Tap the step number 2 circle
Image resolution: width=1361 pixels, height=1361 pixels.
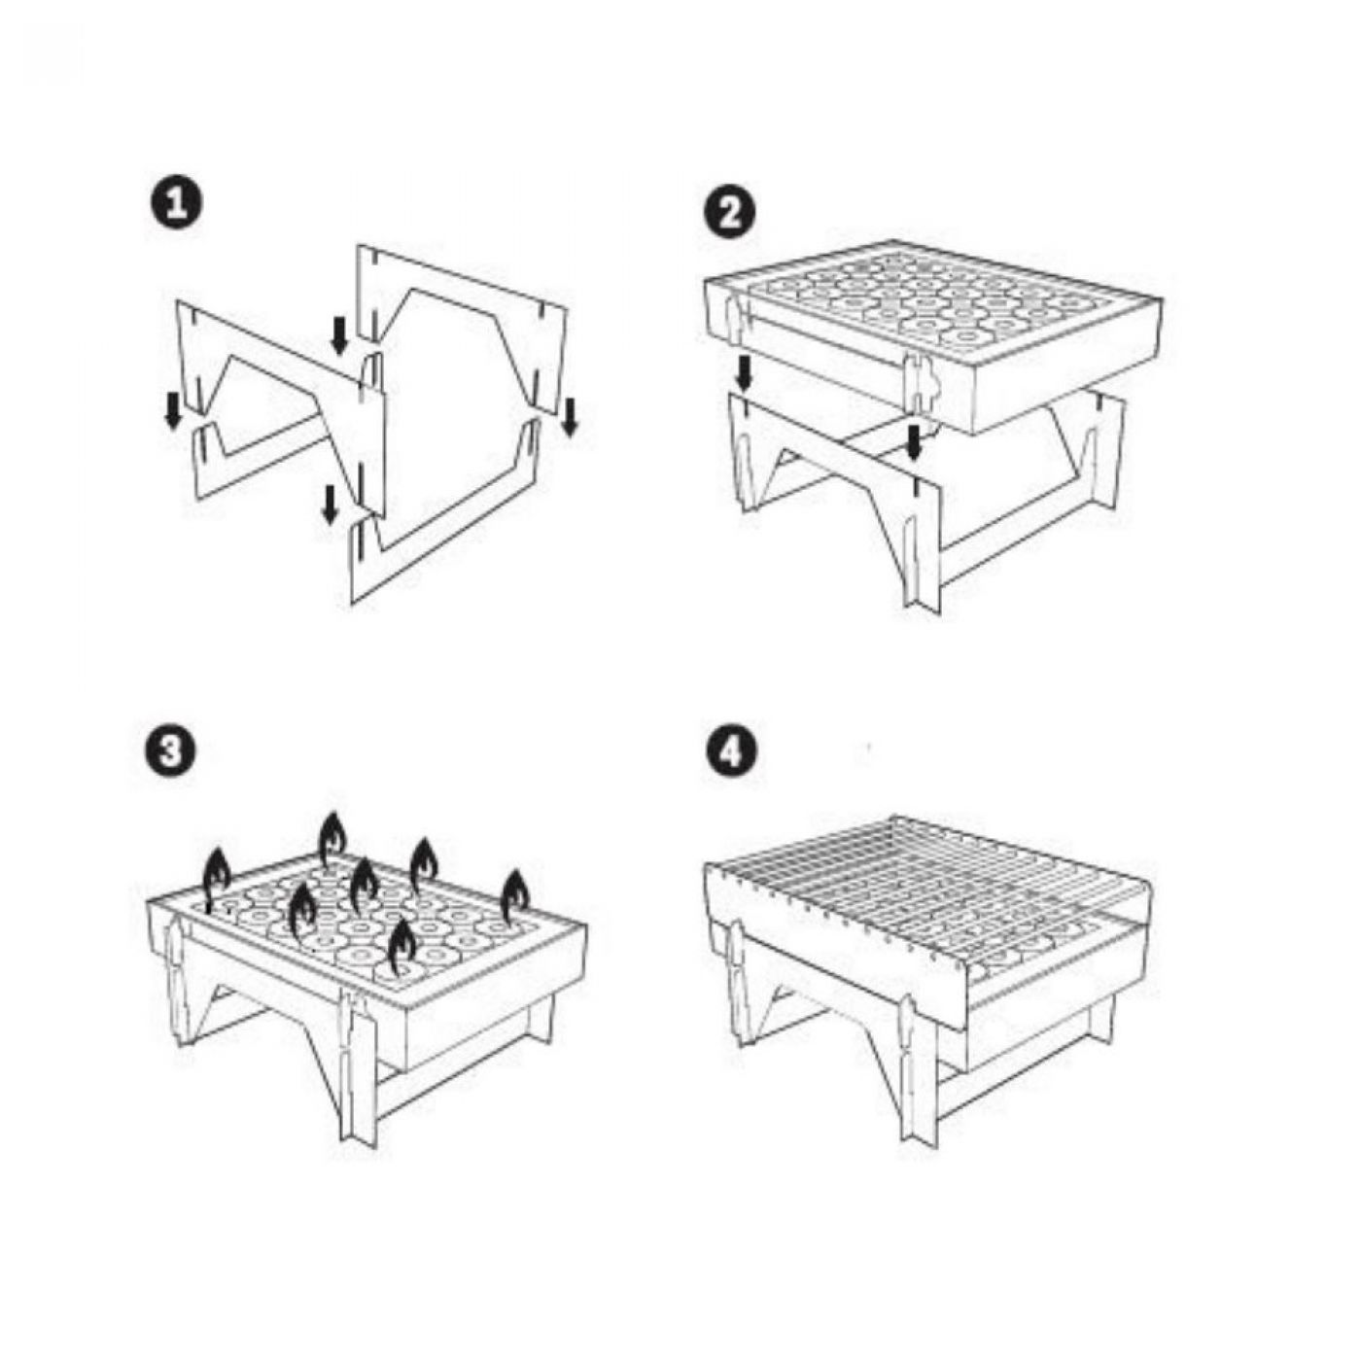click(729, 210)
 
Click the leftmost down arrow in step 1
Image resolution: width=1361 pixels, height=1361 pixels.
click(172, 410)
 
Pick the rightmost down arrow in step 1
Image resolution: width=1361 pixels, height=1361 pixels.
click(571, 416)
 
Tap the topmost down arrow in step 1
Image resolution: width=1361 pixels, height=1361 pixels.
click(339, 334)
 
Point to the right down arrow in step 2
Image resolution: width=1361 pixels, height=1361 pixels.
click(914, 441)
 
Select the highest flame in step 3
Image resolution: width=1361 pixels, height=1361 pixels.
click(332, 839)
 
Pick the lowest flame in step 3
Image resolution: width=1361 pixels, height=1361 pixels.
click(402, 947)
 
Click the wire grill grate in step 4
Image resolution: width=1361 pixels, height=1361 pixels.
click(925, 897)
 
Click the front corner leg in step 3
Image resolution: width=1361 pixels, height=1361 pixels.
click(357, 1060)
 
